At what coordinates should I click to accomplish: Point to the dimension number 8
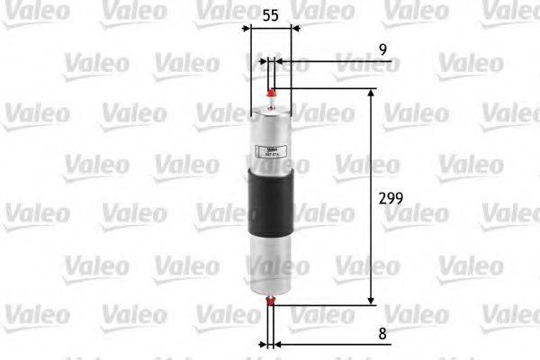click(383, 333)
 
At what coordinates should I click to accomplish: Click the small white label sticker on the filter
click(271, 152)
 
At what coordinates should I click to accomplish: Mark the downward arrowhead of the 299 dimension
click(369, 300)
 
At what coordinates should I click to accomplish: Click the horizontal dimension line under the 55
click(270, 29)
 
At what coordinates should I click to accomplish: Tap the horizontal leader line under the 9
click(333, 63)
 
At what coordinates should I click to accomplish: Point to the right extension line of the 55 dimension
click(293, 72)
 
